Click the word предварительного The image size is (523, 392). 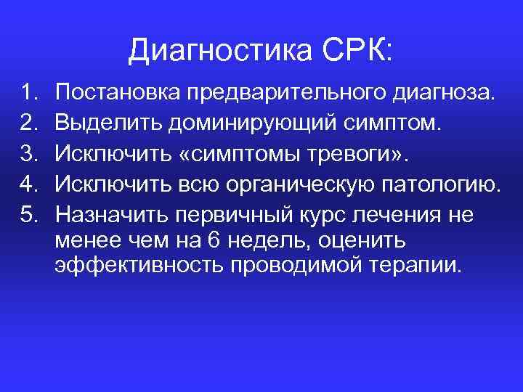pyautogui.click(x=286, y=93)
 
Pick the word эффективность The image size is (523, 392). pyautogui.click(x=139, y=265)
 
